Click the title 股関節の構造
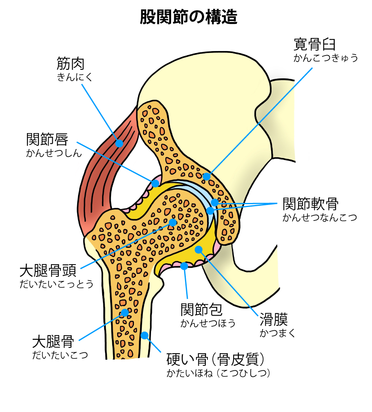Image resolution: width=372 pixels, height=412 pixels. click(189, 17)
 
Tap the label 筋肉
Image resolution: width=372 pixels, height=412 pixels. click(70, 64)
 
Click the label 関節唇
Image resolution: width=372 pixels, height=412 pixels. click(46, 140)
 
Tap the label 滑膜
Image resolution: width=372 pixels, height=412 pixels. click(274, 319)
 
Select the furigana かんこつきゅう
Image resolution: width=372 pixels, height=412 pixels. click(325, 58)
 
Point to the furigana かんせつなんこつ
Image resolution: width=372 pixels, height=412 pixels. click(319, 217)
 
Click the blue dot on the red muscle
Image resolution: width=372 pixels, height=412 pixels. click(119, 143)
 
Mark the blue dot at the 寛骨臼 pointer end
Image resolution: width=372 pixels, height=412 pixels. click(207, 176)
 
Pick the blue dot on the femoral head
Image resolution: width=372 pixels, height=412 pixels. click(173, 223)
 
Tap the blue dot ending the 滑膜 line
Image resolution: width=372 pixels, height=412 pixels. click(198, 249)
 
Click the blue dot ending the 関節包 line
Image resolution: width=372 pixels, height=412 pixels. click(184, 266)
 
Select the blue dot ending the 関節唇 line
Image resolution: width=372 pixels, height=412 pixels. click(155, 183)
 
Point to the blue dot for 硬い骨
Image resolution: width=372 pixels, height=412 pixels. click(144, 335)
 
